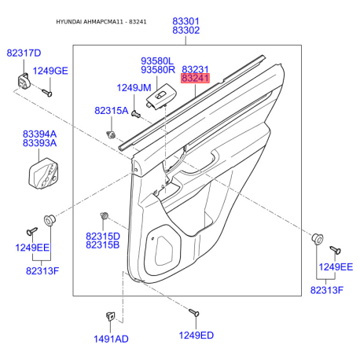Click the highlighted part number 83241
pyautogui.click(x=195, y=78)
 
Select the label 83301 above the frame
pyautogui.click(x=186, y=21)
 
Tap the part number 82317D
pyautogui.click(x=24, y=53)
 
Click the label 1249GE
pyautogui.click(x=50, y=71)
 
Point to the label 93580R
pyautogui.click(x=158, y=70)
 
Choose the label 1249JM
pyautogui.click(x=134, y=88)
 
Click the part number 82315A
pyautogui.click(x=112, y=111)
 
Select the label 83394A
pyautogui.click(x=39, y=134)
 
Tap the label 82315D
pyautogui.click(x=103, y=236)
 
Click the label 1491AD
pyautogui.click(x=111, y=339)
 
